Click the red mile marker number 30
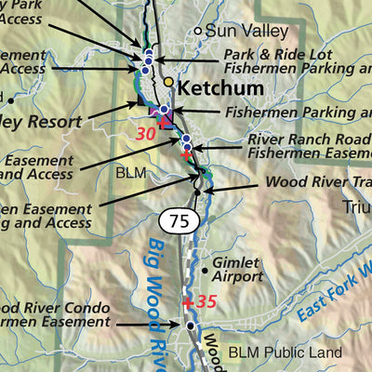click(145, 133)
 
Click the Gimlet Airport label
click(238, 270)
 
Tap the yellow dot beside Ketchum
click(168, 82)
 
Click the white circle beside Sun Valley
click(198, 31)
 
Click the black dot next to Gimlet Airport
click(206, 271)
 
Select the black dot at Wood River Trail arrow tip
click(197, 191)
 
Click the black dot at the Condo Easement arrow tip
click(191, 325)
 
